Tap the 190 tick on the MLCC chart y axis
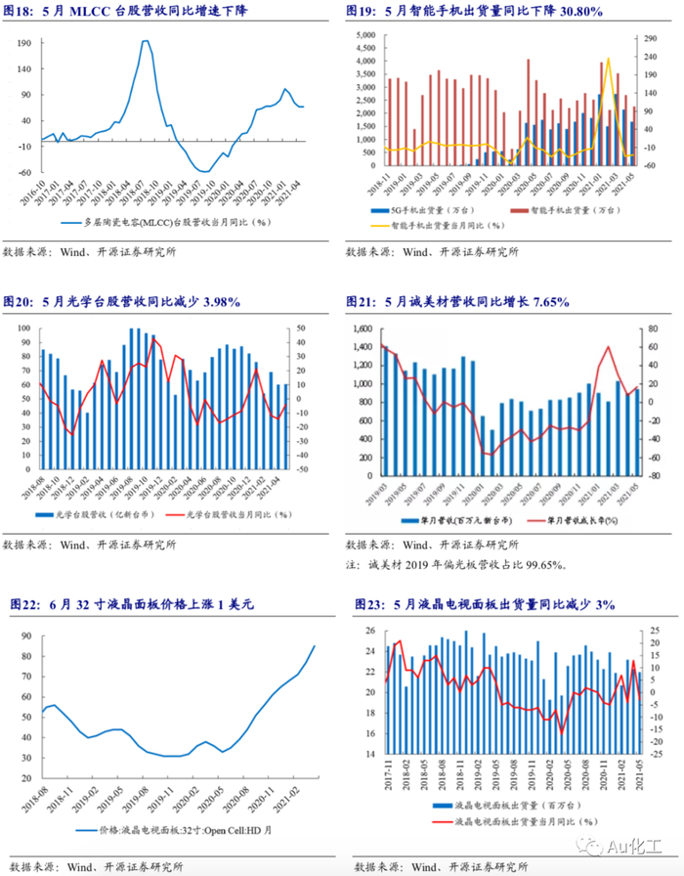click(24, 43)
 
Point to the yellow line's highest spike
click(608, 59)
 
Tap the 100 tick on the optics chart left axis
click(23, 329)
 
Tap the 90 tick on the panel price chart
click(24, 634)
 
